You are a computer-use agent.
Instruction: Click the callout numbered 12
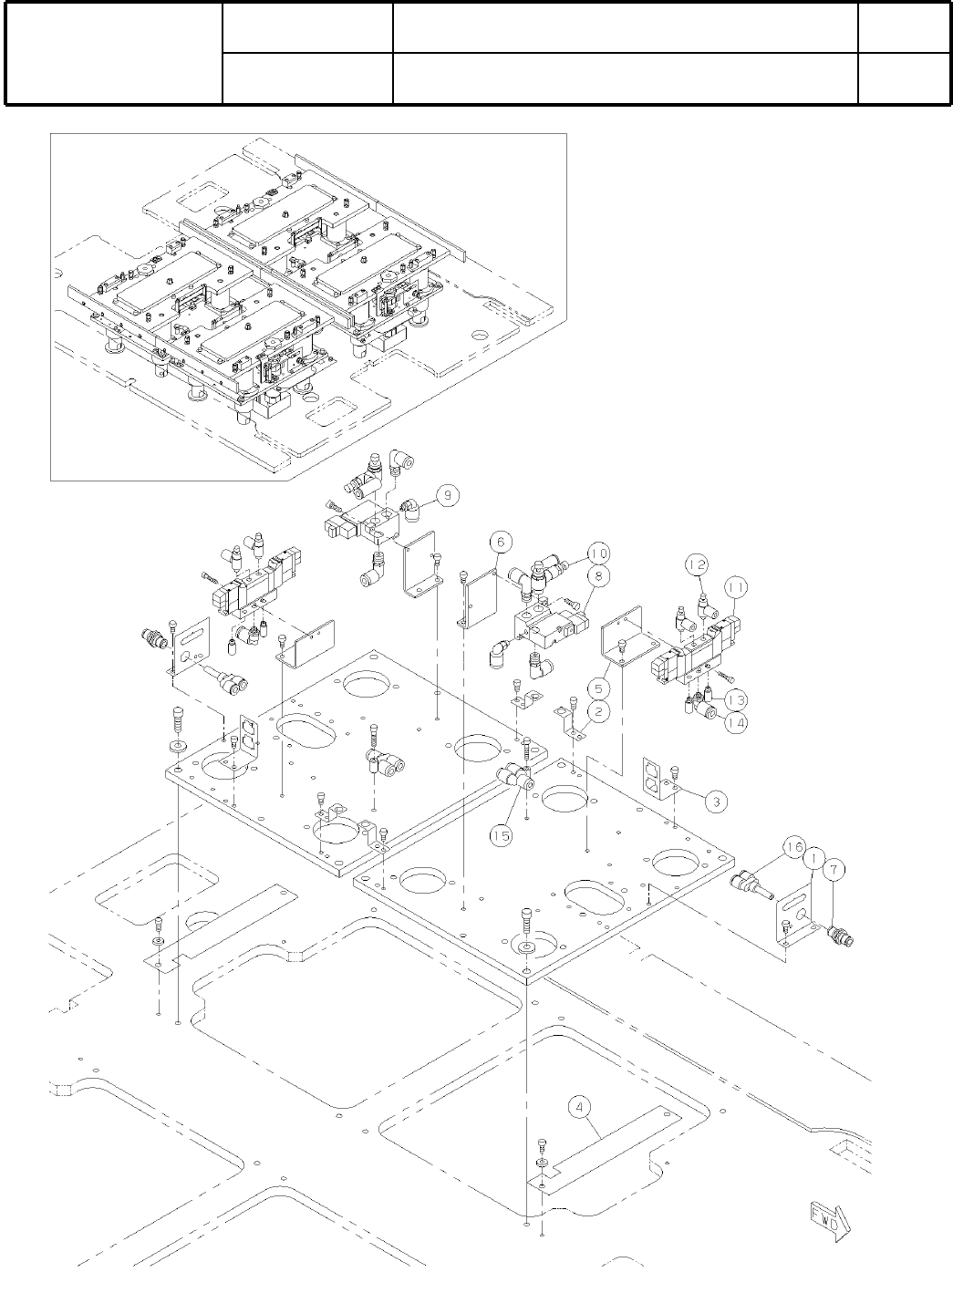[x=696, y=566]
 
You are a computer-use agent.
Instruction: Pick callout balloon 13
[x=737, y=699]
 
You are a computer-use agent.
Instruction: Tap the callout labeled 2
[x=597, y=713]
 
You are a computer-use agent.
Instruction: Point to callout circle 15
[x=501, y=834]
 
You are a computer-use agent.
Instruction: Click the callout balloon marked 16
[x=791, y=851]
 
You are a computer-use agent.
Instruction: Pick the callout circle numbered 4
[x=581, y=1109]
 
